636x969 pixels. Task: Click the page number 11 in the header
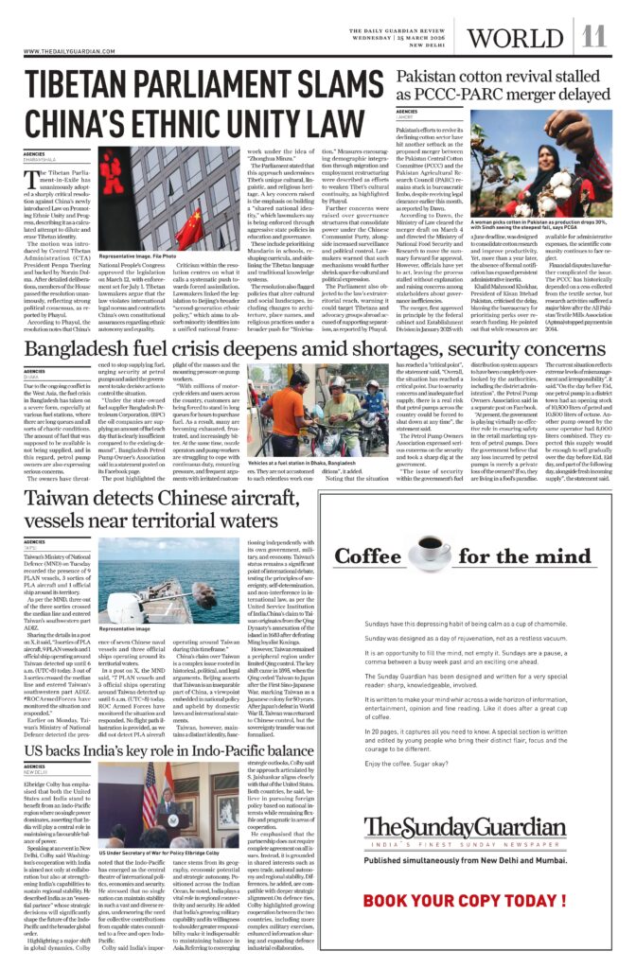coord(593,37)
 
